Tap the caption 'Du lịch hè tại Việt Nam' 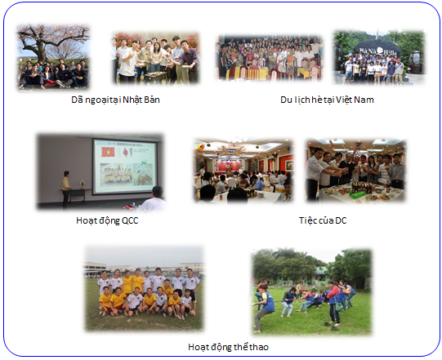(x=326, y=100)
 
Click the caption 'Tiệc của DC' (x=323, y=220)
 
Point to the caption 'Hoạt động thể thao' (x=228, y=347)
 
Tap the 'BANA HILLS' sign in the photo (x=378, y=46)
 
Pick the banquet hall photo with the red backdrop (x=243, y=170)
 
